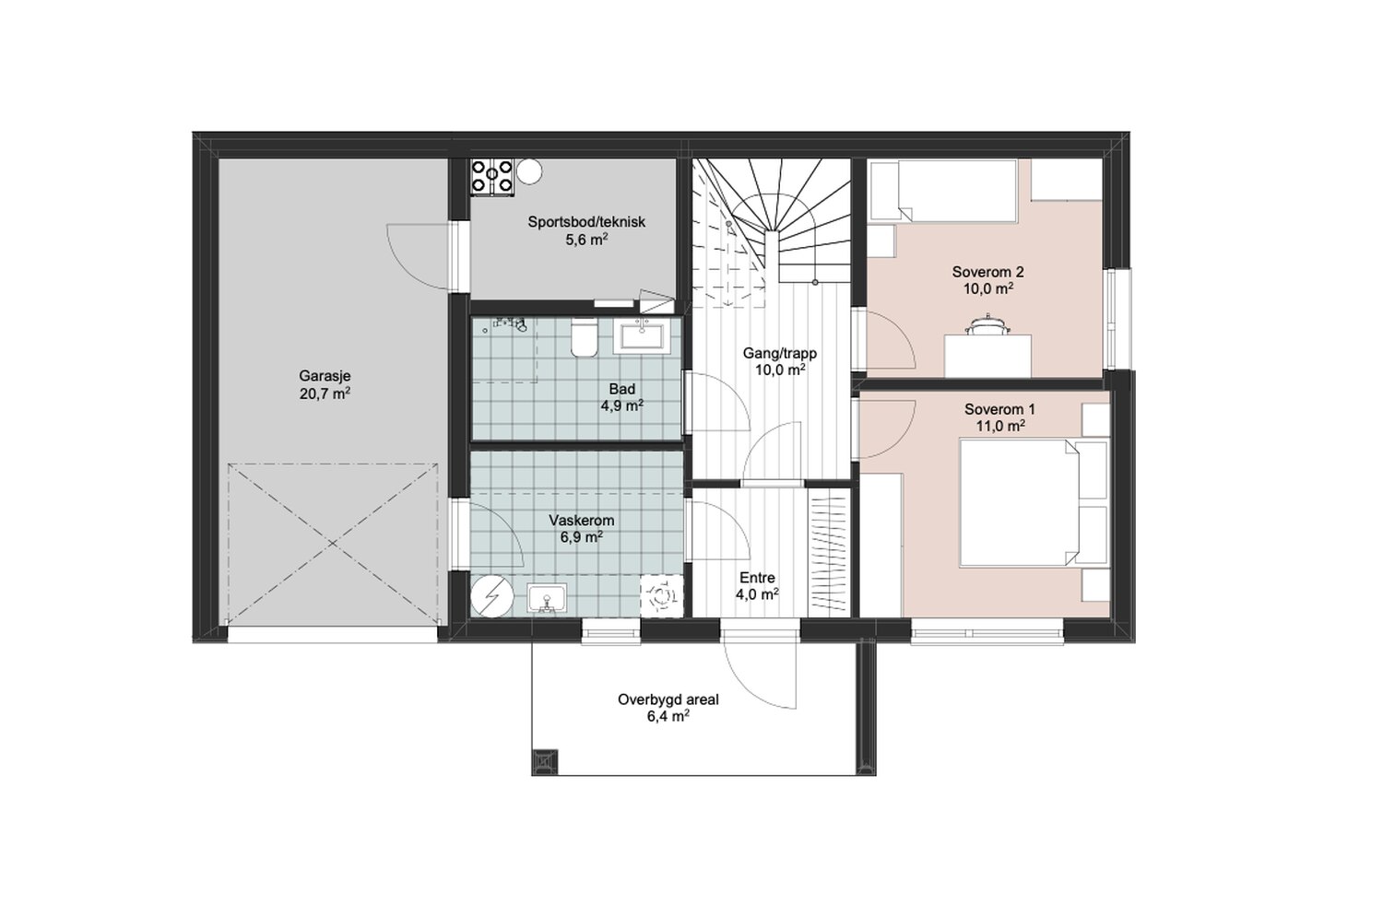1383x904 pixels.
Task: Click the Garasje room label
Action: (x=325, y=376)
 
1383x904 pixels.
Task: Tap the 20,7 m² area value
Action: (x=325, y=393)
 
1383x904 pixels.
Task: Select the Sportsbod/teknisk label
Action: (x=585, y=222)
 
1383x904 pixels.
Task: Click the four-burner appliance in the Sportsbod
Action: (x=492, y=178)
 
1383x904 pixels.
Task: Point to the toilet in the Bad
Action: (x=584, y=337)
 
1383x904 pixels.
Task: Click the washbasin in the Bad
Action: (x=642, y=337)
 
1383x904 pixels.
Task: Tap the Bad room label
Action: (x=621, y=390)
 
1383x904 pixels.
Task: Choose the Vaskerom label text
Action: (x=582, y=521)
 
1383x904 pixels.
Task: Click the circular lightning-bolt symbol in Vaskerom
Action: (x=492, y=596)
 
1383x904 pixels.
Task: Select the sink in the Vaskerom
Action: (x=547, y=598)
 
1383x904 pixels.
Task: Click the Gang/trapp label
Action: (x=780, y=354)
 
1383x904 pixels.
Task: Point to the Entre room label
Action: (x=758, y=578)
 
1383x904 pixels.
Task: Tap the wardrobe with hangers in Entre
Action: (x=829, y=555)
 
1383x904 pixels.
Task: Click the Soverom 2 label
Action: (x=987, y=272)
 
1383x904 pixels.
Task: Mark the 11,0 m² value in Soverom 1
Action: (x=1000, y=426)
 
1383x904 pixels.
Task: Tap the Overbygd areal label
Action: (x=668, y=699)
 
